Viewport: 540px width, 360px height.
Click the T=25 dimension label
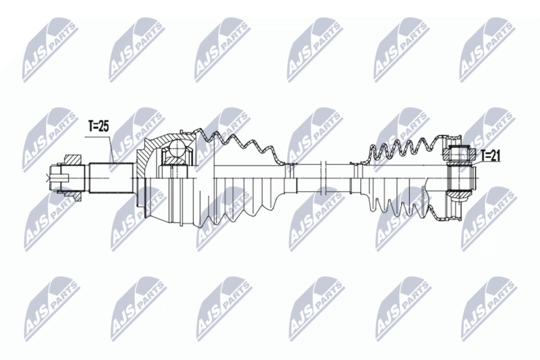99,125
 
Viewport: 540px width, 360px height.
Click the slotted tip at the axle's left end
55,178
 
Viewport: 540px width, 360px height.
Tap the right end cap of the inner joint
473,177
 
